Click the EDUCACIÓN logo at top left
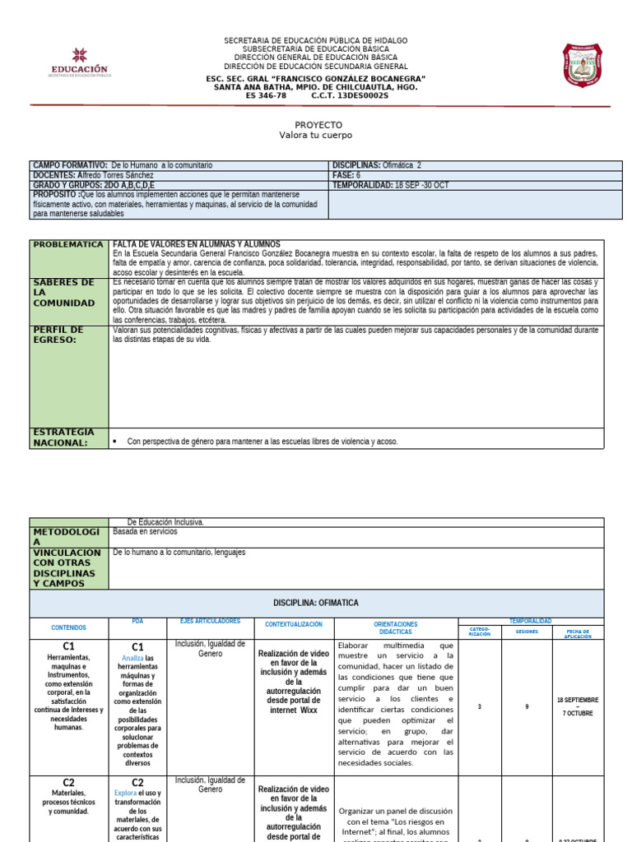79,63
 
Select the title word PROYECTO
316,124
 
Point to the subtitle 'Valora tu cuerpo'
316,135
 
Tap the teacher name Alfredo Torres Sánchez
115,175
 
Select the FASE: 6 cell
346,175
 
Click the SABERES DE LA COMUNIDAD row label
64,293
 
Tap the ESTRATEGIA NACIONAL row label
64,437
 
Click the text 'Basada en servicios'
145,531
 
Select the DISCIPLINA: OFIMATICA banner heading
316,603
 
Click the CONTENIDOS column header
68,627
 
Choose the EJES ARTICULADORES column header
210,621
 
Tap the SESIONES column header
527,633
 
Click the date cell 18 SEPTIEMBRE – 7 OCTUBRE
578,706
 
